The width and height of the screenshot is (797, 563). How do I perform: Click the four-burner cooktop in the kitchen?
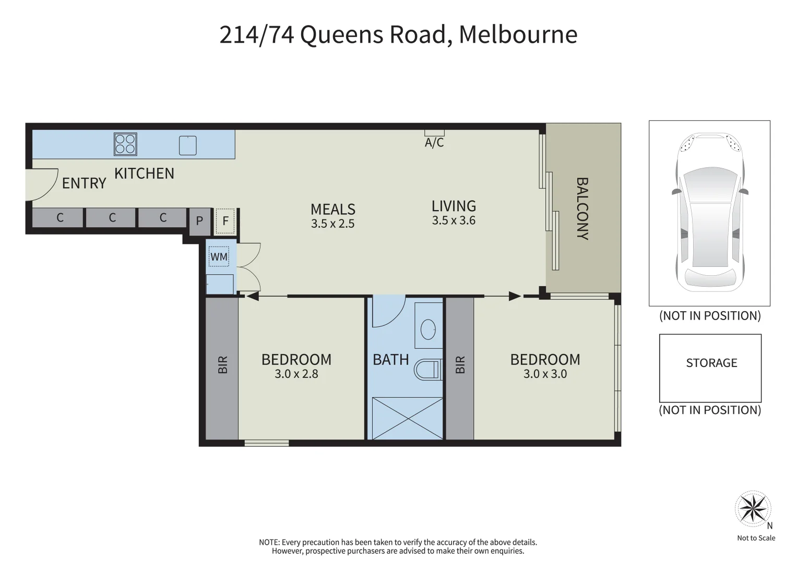[125, 144]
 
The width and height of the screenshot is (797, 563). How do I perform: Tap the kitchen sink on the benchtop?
[188, 145]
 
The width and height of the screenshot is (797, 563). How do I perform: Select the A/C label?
[434, 143]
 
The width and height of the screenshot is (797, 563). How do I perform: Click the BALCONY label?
[582, 209]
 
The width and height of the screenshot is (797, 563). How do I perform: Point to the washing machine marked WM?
[219, 256]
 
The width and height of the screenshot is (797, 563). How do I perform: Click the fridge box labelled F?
[225, 221]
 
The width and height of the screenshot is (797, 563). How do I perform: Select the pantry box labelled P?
[199, 221]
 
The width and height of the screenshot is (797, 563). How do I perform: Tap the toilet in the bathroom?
[427, 370]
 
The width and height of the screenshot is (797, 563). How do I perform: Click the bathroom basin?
[429, 328]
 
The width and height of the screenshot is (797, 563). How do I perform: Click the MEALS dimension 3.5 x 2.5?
[332, 224]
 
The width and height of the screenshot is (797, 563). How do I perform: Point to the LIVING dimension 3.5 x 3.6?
[454, 221]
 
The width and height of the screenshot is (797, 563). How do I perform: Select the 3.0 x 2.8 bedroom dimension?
[296, 374]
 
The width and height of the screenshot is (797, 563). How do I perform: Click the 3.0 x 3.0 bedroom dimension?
[545, 374]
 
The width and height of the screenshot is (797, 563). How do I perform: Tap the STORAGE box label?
[711, 363]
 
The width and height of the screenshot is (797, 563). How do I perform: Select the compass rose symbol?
[753, 509]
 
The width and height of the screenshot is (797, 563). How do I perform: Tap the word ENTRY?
[84, 183]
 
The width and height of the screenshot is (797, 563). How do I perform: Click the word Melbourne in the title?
[518, 35]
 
